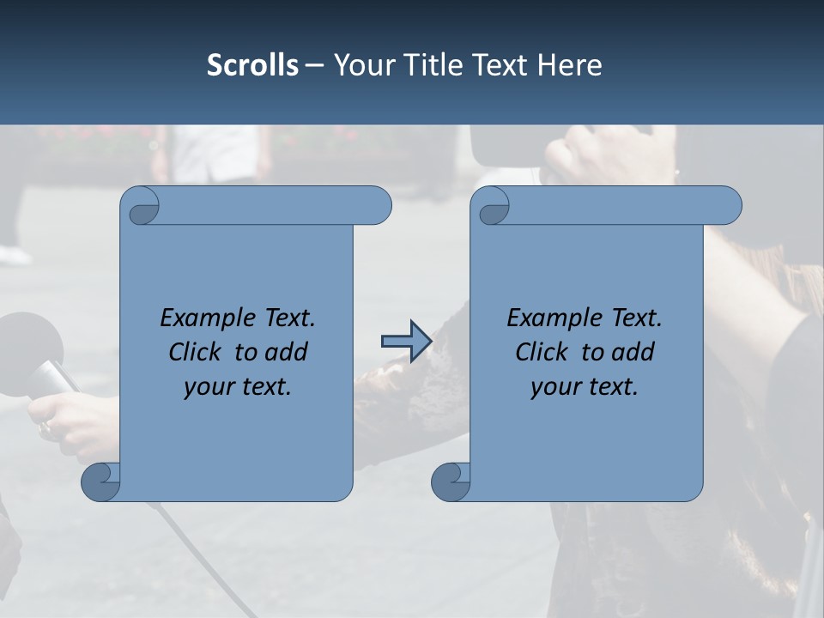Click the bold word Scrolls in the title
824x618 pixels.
252,65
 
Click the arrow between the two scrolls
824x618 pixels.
406,342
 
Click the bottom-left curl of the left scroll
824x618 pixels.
101,482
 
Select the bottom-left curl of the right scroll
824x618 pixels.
451,482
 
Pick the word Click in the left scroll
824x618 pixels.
197,353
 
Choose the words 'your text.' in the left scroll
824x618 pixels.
238,387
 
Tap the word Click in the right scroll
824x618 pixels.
543,353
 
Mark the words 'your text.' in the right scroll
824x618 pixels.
585,387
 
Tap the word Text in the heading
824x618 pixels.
499,65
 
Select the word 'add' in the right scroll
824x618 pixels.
633,353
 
